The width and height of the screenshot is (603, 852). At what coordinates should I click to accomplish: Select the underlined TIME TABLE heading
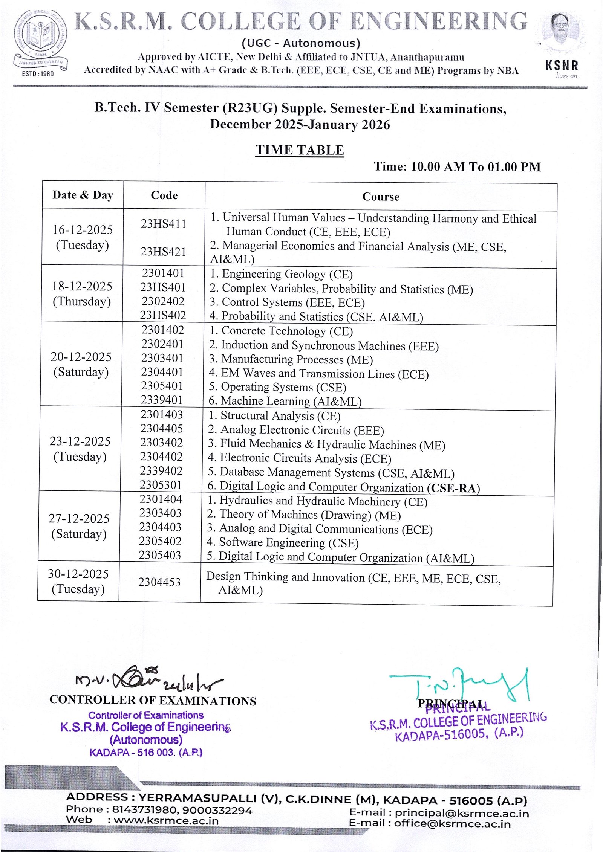pos(300,150)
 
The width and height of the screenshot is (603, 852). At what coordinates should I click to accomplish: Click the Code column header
pos(164,195)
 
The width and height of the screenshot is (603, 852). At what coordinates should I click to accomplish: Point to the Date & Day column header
pos(83,195)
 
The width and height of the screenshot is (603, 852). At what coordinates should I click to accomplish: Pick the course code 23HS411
pos(164,224)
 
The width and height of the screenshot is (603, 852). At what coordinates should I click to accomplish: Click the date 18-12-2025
pos(82,286)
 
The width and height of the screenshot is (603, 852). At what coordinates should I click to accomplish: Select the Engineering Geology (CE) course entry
pos(281,274)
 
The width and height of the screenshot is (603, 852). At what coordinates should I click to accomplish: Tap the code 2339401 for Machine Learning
pos(162,400)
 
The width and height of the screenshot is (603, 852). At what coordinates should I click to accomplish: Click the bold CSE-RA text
pos(453,488)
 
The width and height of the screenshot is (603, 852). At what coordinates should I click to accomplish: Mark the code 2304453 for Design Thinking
pos(159,582)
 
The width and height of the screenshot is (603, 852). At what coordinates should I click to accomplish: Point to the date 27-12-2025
pos(79,519)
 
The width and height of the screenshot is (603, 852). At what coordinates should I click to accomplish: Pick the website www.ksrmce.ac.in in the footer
pos(166,820)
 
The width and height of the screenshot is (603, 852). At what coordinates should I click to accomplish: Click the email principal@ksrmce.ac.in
pos(462,814)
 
